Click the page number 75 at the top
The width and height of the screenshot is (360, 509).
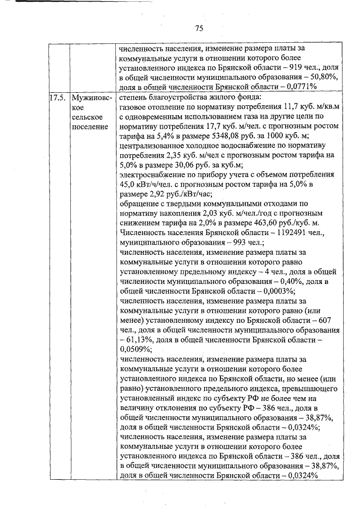pos(199,28)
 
